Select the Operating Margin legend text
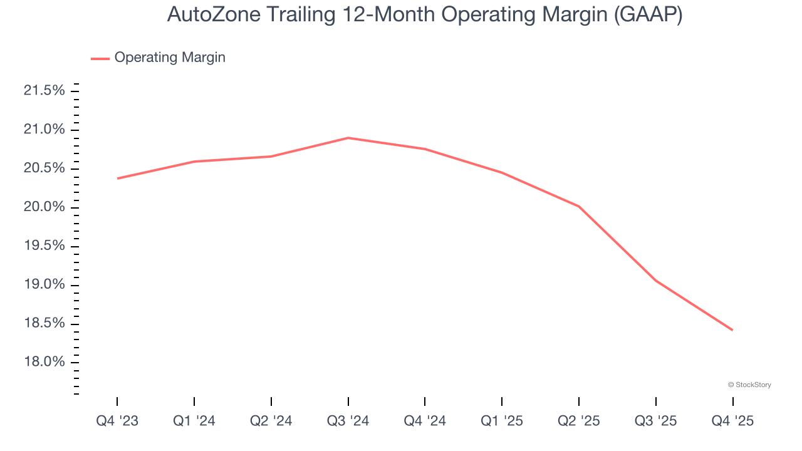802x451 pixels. coord(170,58)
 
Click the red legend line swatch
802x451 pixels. coord(100,58)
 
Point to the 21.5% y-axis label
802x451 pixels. coord(44,91)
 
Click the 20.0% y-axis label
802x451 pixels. coord(44,207)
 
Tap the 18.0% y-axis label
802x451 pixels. coord(44,362)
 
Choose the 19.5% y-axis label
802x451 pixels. coord(44,246)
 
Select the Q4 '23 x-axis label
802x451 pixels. coord(117,421)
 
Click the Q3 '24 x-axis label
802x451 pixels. coord(348,421)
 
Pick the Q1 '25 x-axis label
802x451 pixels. coord(502,421)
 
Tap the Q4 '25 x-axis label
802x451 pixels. coord(732,421)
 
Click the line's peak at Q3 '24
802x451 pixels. coord(348,138)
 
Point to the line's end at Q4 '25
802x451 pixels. coord(732,330)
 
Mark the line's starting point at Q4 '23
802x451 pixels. coord(118,179)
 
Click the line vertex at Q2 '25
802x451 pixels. coord(579,206)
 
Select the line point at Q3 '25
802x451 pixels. coord(656,281)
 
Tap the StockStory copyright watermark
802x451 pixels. coord(749,385)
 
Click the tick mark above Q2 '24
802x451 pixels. coord(271,402)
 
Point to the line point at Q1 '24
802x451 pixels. coord(194,162)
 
